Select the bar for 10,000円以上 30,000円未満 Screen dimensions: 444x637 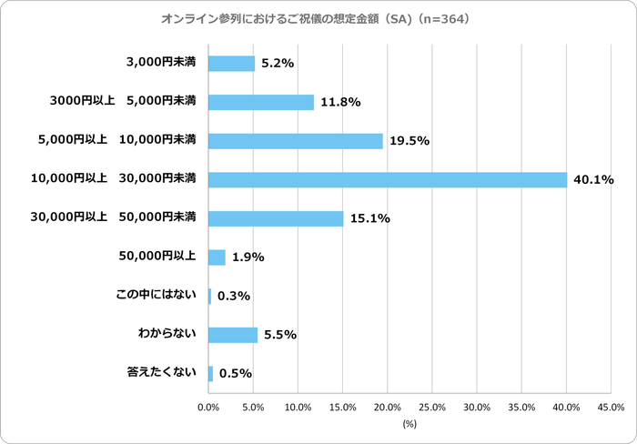click(388, 179)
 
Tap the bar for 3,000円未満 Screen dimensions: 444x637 click(232, 63)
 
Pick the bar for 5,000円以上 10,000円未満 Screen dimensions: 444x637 click(296, 140)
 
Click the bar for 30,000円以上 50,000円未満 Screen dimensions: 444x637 click(276, 218)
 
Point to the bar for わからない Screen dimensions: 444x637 click(233, 335)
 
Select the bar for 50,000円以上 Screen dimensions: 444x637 click(217, 257)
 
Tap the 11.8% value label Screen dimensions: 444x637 click(339, 102)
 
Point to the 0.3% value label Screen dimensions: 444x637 click(234, 297)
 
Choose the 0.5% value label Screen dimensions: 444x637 click(236, 374)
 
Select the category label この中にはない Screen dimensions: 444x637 click(156, 296)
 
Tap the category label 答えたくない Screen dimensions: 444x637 click(161, 373)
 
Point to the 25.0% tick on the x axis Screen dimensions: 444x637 click(432, 407)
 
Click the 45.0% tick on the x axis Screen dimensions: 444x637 click(611, 407)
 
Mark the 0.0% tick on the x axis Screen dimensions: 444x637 click(209, 407)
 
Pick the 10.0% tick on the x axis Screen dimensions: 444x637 click(298, 407)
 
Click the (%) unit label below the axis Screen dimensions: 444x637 click(409, 424)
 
